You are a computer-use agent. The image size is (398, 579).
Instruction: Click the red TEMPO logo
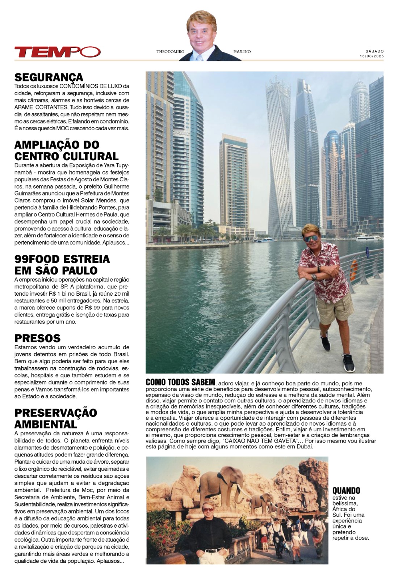tap(57, 52)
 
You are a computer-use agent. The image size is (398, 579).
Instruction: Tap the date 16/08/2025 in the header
tap(372, 56)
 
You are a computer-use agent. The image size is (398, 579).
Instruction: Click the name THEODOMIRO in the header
tap(171, 52)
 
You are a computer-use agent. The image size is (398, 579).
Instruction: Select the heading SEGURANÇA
tap(49, 77)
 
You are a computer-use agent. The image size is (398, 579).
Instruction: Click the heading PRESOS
tap(37, 338)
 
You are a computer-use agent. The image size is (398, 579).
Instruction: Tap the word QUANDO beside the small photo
tap(346, 490)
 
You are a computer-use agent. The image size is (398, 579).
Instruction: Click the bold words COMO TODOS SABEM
tap(180, 383)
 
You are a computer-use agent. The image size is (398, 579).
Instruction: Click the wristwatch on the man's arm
tap(314, 277)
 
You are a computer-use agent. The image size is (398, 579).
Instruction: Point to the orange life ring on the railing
tap(354, 270)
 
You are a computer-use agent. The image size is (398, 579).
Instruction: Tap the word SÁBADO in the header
tap(375, 51)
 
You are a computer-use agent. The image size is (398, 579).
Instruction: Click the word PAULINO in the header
tap(242, 52)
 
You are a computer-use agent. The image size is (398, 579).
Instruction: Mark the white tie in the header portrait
tap(200, 57)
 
